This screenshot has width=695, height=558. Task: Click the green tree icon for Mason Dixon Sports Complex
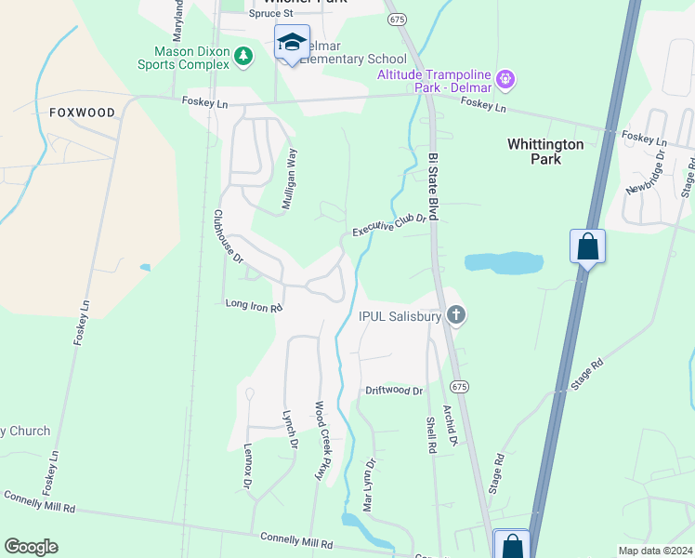(x=243, y=57)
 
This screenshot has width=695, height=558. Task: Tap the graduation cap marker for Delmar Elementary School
(x=292, y=43)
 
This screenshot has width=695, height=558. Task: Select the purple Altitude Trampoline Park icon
(x=505, y=79)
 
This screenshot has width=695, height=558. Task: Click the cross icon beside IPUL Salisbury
(x=455, y=316)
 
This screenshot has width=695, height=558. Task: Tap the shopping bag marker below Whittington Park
(x=587, y=247)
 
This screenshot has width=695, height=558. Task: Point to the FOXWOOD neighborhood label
(x=83, y=113)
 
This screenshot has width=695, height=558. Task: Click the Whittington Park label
(x=545, y=152)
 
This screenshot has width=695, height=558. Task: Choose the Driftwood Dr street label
(x=393, y=392)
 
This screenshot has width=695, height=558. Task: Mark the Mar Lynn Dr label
(x=369, y=485)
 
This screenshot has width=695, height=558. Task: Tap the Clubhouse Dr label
(x=228, y=236)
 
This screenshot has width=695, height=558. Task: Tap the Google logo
(x=31, y=547)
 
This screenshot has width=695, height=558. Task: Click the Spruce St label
(x=270, y=14)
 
